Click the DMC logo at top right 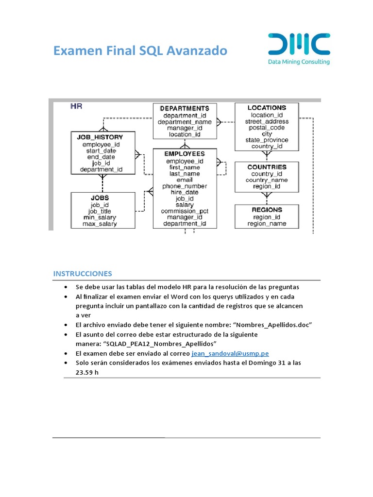tap(299, 44)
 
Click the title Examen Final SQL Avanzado tap(140, 50)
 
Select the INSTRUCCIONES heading tap(83, 273)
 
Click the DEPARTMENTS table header tap(185, 108)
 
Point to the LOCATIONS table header tap(267, 108)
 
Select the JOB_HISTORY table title tap(100, 137)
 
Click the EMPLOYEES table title tap(185, 154)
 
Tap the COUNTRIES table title tap(267, 167)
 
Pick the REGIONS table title tap(267, 210)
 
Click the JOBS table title tap(100, 198)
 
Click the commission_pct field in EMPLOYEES tap(185, 211)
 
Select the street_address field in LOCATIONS tap(267, 121)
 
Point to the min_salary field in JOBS tap(100, 217)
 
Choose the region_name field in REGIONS tap(267, 224)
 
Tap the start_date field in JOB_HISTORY tap(101, 150)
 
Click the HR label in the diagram tap(76, 106)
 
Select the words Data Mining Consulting tap(299, 62)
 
